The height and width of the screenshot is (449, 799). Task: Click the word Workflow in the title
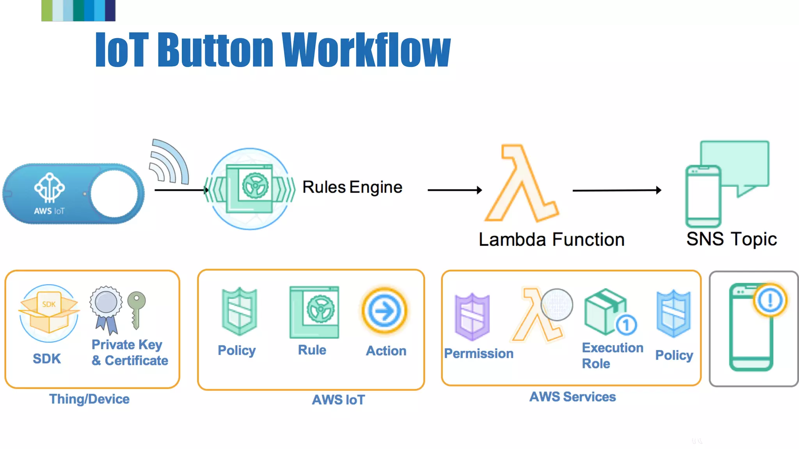tap(366, 50)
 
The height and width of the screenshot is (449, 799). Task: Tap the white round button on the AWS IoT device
tap(114, 194)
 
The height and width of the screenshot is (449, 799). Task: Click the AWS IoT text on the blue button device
tap(49, 211)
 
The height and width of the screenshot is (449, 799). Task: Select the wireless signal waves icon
tap(169, 162)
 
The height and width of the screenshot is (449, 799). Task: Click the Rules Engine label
tap(352, 187)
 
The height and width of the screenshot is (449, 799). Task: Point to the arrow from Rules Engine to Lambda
tap(455, 190)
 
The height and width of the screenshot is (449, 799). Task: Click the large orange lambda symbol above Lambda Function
tap(521, 183)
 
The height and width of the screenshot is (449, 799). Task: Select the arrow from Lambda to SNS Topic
tap(616, 190)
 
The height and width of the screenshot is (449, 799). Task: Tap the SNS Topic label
tap(732, 239)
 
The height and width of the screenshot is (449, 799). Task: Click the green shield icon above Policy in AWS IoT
tap(239, 311)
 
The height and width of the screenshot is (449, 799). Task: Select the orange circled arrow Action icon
tap(384, 311)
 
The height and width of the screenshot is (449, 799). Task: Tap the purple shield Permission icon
tap(472, 316)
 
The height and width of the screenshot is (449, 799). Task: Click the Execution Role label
tap(612, 355)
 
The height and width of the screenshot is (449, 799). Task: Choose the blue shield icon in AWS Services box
tap(673, 313)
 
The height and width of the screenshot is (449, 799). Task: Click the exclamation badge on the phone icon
tap(770, 300)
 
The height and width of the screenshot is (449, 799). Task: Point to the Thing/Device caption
tap(89, 399)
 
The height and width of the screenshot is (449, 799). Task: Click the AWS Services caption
tap(572, 397)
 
